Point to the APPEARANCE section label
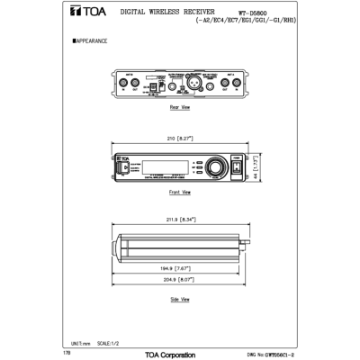click(x=91, y=41)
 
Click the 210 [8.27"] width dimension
click(x=180, y=139)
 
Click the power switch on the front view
click(x=238, y=166)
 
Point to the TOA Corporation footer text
click(x=170, y=355)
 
